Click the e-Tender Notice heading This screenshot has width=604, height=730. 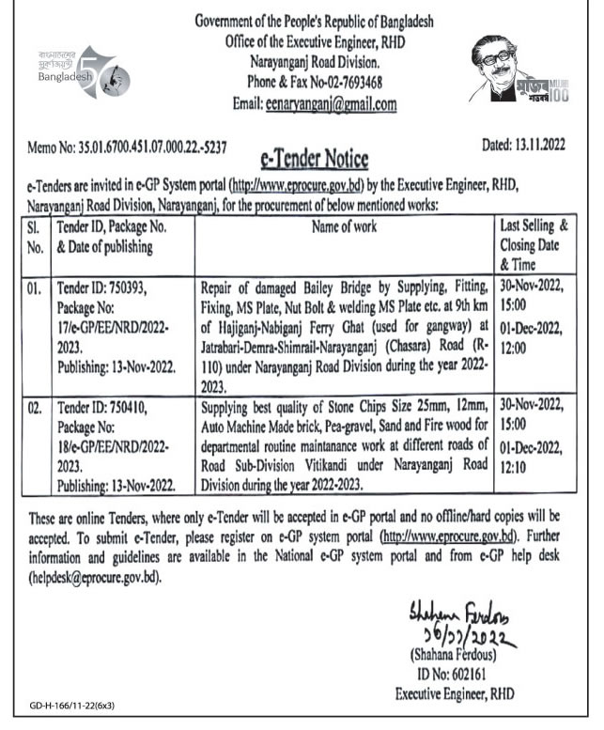pyautogui.click(x=312, y=157)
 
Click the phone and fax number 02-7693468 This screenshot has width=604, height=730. pyautogui.click(x=346, y=83)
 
